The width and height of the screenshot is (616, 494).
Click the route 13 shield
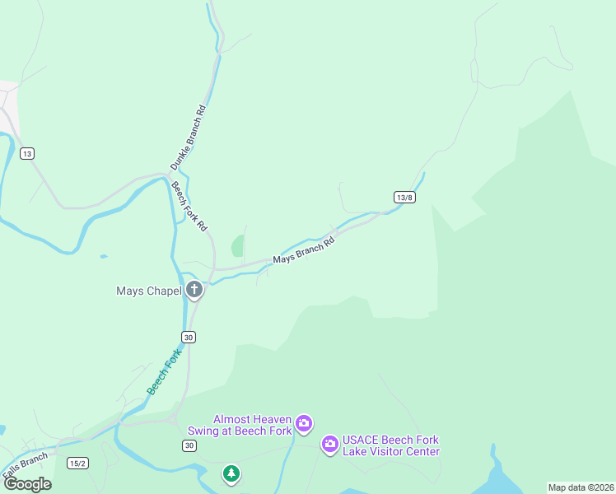(x=28, y=154)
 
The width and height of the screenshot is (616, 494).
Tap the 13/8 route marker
(x=404, y=198)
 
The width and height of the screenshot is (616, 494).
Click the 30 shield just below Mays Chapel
(x=189, y=337)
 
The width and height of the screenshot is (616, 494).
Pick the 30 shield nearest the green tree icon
(x=189, y=445)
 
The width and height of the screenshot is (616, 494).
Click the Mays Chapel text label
(x=149, y=290)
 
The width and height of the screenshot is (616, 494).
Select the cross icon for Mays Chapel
(x=194, y=289)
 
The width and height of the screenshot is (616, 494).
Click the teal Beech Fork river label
(x=163, y=371)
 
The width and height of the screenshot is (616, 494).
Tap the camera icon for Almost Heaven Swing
(x=304, y=424)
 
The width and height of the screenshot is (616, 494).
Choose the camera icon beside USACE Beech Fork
(x=329, y=445)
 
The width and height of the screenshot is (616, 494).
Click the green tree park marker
(x=231, y=473)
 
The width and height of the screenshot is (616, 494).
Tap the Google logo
(x=27, y=483)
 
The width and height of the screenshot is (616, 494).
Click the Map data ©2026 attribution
(x=581, y=487)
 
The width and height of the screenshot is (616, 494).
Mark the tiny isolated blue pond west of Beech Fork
(x=103, y=257)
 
